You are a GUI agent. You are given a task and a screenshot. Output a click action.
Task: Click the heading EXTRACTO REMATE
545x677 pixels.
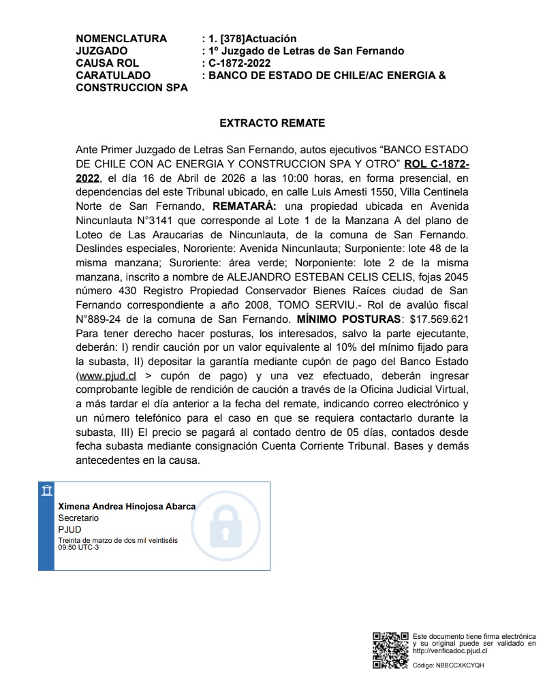[272, 123]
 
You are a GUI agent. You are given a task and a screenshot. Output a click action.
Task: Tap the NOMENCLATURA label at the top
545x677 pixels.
[121, 39]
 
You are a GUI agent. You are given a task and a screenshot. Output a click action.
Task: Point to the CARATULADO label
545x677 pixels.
[114, 76]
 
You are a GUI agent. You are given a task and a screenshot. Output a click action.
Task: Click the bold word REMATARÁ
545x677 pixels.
[244, 205]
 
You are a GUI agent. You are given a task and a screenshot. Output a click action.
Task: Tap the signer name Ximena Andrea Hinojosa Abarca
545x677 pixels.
[127, 507]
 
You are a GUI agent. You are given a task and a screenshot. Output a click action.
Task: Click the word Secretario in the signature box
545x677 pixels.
[78, 518]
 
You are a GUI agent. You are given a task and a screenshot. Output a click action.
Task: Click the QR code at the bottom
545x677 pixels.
[390, 650]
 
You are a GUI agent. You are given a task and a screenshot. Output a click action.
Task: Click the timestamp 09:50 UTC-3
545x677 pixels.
[78, 547]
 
